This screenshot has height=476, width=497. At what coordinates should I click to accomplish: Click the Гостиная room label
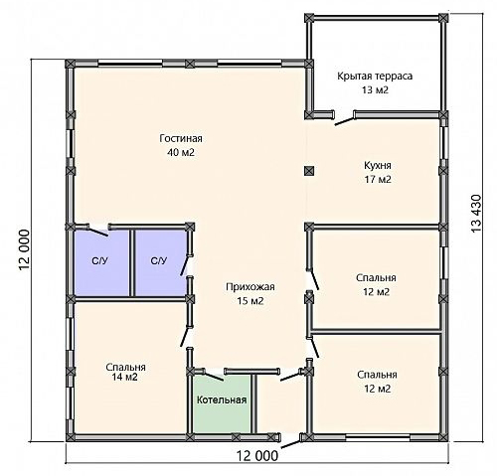tap(181, 138)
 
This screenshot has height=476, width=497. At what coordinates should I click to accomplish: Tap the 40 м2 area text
tap(181, 152)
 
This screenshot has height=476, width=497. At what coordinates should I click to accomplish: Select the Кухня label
tap(378, 165)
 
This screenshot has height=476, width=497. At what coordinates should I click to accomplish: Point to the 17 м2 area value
tap(378, 179)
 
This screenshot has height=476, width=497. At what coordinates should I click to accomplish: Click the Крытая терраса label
tap(375, 76)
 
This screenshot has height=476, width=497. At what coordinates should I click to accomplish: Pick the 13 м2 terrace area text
tap(375, 89)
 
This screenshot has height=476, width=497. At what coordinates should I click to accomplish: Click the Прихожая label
tap(250, 286)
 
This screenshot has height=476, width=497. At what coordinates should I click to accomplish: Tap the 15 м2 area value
tap(250, 301)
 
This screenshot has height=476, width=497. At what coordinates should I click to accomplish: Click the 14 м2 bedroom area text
tap(124, 377)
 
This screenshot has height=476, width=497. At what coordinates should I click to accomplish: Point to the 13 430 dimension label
tap(475, 214)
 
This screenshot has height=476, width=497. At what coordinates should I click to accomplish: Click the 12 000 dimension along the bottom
tap(257, 456)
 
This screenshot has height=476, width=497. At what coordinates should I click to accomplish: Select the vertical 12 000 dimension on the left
tap(25, 250)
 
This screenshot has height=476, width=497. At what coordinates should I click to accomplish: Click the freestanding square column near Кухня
tap(309, 171)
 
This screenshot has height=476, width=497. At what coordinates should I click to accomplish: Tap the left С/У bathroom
tap(101, 263)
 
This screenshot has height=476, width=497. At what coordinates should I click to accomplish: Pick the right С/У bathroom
tap(161, 263)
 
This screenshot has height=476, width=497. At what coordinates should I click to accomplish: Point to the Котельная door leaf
tap(214, 376)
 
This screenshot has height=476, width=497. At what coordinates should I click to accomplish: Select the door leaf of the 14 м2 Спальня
tap(185, 337)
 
